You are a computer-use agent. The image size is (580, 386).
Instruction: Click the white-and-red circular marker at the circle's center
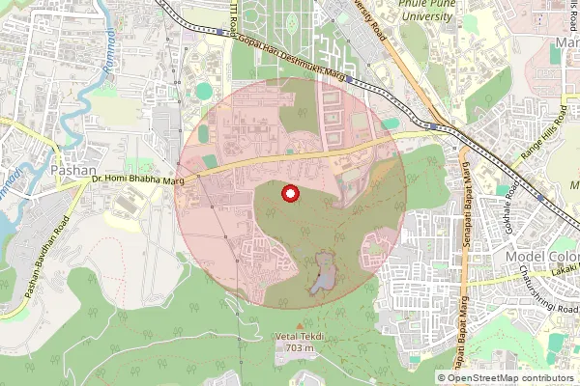288,194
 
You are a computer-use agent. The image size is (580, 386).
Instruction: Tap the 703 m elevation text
295,346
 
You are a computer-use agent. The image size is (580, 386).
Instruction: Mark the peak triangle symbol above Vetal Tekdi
296,325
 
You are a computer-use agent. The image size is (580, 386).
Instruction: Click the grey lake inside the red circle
323,274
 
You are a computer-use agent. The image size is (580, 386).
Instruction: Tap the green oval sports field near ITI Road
203,91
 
